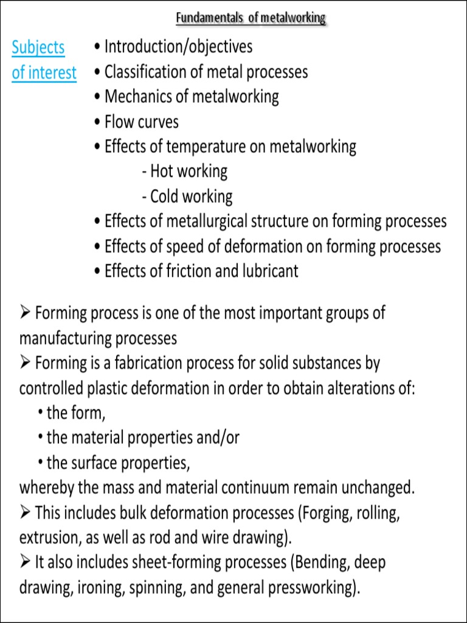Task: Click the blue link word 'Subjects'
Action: pos(38,47)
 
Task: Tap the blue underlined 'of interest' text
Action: pos(44,73)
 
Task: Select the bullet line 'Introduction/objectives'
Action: pos(178,46)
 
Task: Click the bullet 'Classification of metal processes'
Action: pos(206,72)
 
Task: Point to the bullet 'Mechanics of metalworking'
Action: pos(192,97)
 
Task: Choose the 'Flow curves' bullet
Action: pos(142,122)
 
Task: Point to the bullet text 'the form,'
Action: pos(75,413)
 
